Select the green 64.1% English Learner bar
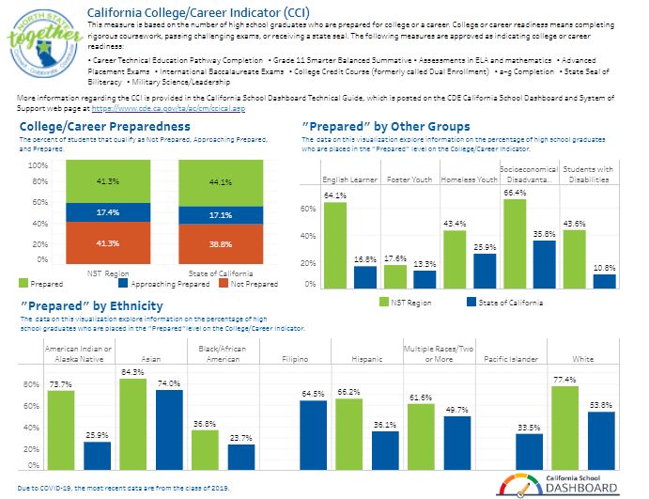tap(335, 244)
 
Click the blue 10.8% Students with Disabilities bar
tap(604, 280)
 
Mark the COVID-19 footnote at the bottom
tap(123, 490)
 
